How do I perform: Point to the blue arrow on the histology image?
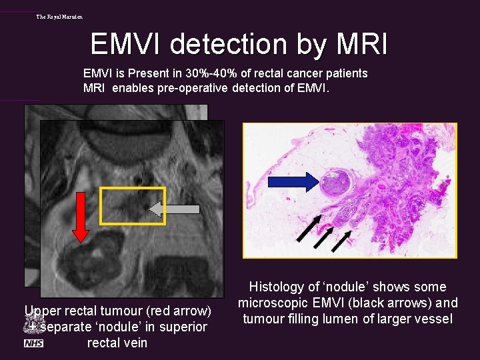295,181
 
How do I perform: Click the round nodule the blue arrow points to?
338,182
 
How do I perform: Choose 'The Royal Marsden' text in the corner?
60,16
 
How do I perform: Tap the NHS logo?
33,343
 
